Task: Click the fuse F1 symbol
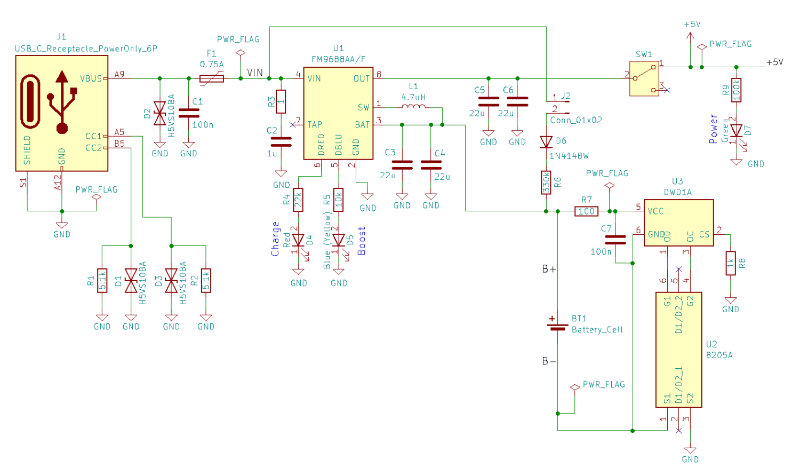(212, 78)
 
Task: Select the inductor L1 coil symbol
(413, 107)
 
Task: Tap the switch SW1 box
(644, 78)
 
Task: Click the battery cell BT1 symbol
(557, 324)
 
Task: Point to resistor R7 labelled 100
(586, 211)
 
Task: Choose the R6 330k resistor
(546, 183)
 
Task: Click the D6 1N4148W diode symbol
(546, 142)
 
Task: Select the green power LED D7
(737, 131)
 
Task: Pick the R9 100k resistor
(737, 90)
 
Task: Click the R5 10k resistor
(338, 200)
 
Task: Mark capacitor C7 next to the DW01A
(615, 240)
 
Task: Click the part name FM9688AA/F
(338, 59)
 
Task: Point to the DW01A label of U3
(677, 192)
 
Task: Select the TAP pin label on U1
(315, 125)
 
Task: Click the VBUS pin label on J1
(91, 78)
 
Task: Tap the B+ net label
(549, 269)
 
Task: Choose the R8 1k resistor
(731, 263)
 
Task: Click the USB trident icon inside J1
(62, 101)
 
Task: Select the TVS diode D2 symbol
(159, 114)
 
